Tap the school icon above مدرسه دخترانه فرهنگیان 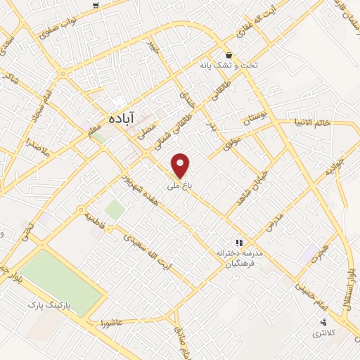(x=238, y=241)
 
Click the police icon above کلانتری (x=323, y=322)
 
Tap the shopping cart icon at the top (x=95, y=6)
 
